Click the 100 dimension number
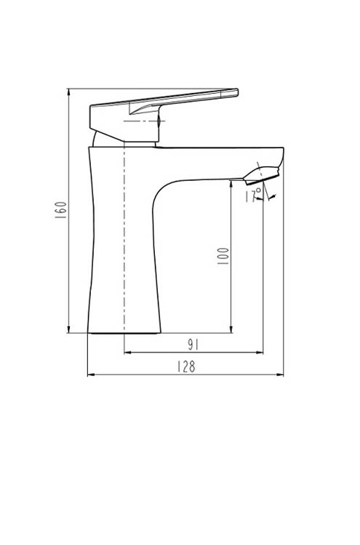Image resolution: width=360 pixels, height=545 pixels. point(223,255)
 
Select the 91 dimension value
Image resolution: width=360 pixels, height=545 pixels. point(193,344)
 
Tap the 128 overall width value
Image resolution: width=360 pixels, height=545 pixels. point(186,367)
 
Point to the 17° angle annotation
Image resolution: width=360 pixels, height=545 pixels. point(252,195)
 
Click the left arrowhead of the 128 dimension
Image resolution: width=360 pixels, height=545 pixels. point(91,375)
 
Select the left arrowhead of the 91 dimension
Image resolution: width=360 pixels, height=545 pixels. point(127,352)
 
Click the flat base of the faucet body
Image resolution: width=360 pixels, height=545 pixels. point(124,333)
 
